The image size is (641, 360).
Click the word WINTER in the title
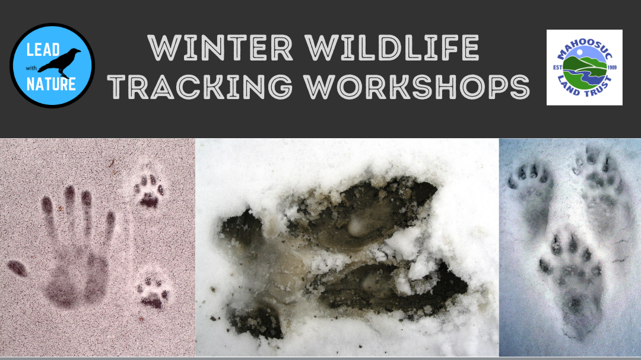(x=220, y=48)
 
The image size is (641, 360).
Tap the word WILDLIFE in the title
(x=392, y=48)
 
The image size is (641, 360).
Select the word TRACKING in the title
(x=201, y=87)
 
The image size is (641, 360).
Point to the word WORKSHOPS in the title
(x=417, y=87)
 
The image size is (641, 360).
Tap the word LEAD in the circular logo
(x=43, y=50)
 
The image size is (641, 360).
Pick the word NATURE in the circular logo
(x=51, y=84)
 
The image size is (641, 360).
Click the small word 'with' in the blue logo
(x=31, y=68)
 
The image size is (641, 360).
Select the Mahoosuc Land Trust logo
(x=585, y=68)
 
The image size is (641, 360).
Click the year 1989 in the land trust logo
(x=612, y=68)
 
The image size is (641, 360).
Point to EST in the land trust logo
(x=557, y=68)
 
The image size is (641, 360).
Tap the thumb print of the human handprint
(x=17, y=268)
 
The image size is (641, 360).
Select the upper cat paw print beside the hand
(x=149, y=191)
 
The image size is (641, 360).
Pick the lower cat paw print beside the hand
(x=153, y=292)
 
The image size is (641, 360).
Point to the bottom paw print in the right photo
(x=572, y=282)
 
